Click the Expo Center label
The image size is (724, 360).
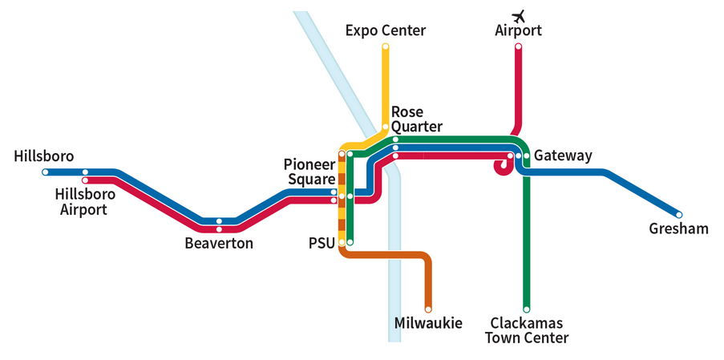click(385, 30)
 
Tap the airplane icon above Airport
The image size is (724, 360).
click(519, 15)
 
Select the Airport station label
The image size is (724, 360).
click(519, 31)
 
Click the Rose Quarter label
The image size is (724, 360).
click(416, 119)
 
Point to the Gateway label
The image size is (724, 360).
click(563, 156)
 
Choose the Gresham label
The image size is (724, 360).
click(679, 229)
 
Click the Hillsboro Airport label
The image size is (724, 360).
click(85, 202)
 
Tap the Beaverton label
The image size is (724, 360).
click(219, 243)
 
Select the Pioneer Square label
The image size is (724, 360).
click(308, 172)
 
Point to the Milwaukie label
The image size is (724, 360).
click(428, 323)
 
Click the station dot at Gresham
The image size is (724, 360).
click(679, 215)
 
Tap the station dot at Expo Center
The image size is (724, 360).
click(386, 47)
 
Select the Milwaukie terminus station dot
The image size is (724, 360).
click(428, 309)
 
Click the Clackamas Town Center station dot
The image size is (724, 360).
click(527, 309)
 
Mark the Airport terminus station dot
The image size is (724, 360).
click(519, 47)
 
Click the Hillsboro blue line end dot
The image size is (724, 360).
click(46, 172)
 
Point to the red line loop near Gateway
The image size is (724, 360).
click(503, 167)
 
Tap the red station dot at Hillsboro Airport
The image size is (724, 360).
click(85, 180)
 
